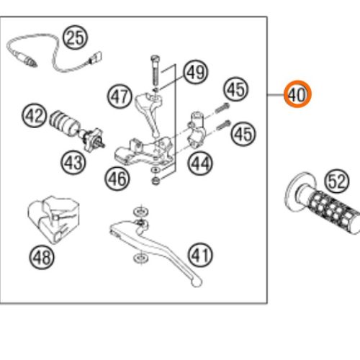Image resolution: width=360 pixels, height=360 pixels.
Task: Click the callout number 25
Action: (75, 37)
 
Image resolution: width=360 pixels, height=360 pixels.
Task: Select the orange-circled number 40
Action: (297, 94)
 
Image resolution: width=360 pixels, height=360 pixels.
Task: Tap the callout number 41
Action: (200, 255)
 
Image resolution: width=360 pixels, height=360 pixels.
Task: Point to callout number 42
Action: (35, 115)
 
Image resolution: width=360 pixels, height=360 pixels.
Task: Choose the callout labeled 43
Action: (73, 163)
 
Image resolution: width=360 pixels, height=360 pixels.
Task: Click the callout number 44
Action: (200, 163)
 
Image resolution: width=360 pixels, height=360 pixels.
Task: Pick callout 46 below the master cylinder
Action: (117, 179)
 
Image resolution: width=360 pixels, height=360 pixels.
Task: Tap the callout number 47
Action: (120, 96)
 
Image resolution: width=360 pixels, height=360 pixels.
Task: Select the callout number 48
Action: (42, 257)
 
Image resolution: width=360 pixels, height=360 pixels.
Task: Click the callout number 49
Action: (196, 72)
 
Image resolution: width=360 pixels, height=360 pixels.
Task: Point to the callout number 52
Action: (337, 181)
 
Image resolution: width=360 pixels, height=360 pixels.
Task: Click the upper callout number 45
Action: (236, 89)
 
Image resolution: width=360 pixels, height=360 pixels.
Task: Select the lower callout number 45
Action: (243, 134)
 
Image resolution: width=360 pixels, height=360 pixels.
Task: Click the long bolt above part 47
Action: (155, 71)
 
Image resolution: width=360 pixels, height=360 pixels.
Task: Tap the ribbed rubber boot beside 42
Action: (64, 122)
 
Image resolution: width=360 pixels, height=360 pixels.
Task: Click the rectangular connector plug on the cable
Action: (96, 58)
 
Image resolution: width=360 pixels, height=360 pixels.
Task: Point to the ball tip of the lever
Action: (197, 282)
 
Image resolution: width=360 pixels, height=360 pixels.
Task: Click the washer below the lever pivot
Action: (141, 258)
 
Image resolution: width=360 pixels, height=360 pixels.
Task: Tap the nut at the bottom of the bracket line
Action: (156, 181)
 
